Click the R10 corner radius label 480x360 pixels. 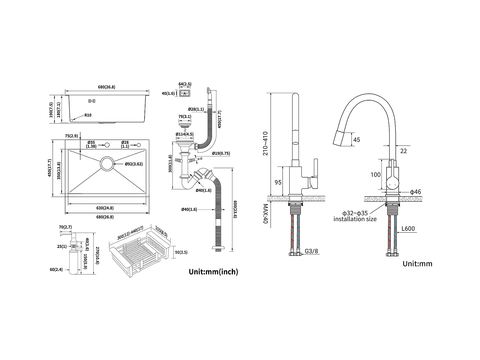point(88,115)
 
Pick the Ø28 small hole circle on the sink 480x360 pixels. point(139,145)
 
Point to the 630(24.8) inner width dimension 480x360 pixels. point(105,208)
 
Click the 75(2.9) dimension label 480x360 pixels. point(71,136)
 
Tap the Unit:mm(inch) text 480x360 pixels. point(213,272)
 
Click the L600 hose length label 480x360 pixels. point(408,228)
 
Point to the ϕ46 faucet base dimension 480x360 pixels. point(415,192)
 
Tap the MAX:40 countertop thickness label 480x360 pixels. point(265,214)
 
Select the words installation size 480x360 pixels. point(355,219)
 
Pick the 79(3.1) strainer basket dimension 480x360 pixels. point(185,117)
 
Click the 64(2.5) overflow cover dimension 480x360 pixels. point(185,84)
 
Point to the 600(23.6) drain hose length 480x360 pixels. point(235,209)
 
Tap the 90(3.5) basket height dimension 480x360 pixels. point(181,252)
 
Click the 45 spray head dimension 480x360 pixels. point(357,140)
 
